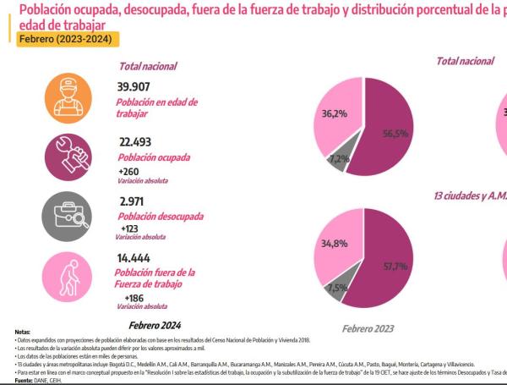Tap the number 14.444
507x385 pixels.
click(x=136, y=257)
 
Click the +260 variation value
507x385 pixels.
click(x=130, y=171)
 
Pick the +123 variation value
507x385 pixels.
click(x=127, y=228)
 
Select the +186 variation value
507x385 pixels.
click(x=134, y=299)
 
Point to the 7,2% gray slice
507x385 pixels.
click(x=339, y=158)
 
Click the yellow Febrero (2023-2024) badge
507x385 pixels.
click(x=63, y=40)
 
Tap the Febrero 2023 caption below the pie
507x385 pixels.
click(x=368, y=327)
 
